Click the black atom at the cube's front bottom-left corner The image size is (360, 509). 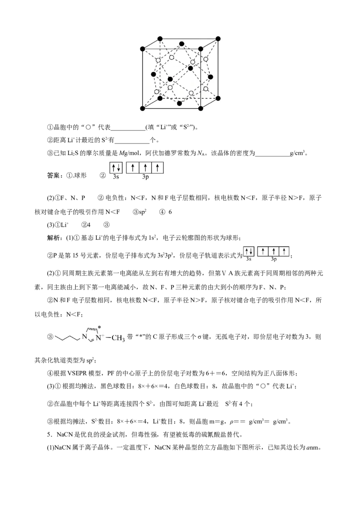(x=142, y=108)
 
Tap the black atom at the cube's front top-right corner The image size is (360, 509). (x=201, y=49)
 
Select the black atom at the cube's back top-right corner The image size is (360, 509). (x=218, y=39)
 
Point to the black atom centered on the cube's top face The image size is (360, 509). (x=182, y=44)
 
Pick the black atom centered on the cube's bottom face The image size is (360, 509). (x=180, y=103)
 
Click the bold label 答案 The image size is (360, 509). (x=53, y=176)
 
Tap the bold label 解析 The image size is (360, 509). (x=53, y=238)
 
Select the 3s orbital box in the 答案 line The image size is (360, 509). (x=116, y=168)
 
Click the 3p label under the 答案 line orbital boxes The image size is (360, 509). (x=145, y=177)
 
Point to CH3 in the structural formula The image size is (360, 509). (x=118, y=338)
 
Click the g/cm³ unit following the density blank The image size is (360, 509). (x=297, y=153)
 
